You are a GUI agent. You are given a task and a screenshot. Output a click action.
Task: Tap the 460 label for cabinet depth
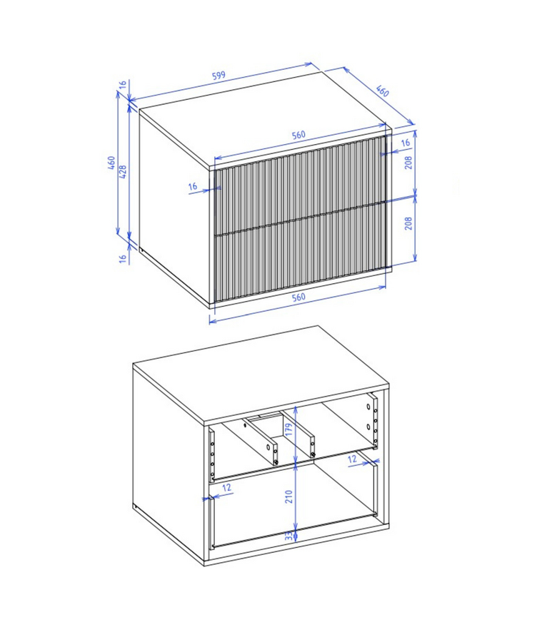click(x=383, y=92)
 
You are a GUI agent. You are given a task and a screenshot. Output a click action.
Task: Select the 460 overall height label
click(x=111, y=163)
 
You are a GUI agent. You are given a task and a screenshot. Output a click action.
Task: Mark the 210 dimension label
click(x=289, y=496)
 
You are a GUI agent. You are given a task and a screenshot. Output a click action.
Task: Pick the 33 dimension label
click(x=289, y=536)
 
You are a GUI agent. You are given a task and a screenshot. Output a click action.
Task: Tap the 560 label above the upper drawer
click(x=298, y=135)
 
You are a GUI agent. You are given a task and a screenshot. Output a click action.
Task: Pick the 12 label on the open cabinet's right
click(x=352, y=460)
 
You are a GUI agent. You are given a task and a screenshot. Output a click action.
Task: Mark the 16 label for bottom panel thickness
click(x=123, y=258)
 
